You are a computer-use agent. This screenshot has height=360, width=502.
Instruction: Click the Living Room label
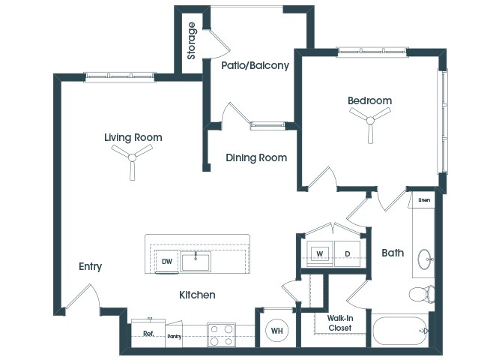(x=133, y=137)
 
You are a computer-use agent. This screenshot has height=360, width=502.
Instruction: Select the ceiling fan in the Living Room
(x=132, y=157)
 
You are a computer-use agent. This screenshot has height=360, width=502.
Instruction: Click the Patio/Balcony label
(x=255, y=65)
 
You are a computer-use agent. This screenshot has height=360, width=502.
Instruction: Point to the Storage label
(x=192, y=40)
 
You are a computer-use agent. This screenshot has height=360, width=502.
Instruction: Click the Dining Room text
(x=257, y=157)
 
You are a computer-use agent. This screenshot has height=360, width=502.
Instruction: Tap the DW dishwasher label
(x=167, y=261)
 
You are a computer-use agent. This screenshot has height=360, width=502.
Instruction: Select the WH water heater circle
(x=276, y=330)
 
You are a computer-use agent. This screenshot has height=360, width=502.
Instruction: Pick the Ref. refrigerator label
(x=148, y=334)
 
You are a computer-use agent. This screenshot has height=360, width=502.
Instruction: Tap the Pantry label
(x=175, y=337)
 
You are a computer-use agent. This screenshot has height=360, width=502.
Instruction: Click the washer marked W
(x=319, y=253)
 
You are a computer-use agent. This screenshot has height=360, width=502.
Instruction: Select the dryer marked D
(x=348, y=253)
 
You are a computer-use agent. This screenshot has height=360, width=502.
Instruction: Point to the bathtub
(x=402, y=329)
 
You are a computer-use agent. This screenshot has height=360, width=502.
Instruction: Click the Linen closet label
(x=423, y=199)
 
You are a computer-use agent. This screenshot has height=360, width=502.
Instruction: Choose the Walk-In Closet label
(x=339, y=322)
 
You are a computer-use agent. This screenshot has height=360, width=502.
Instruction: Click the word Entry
(x=90, y=266)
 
